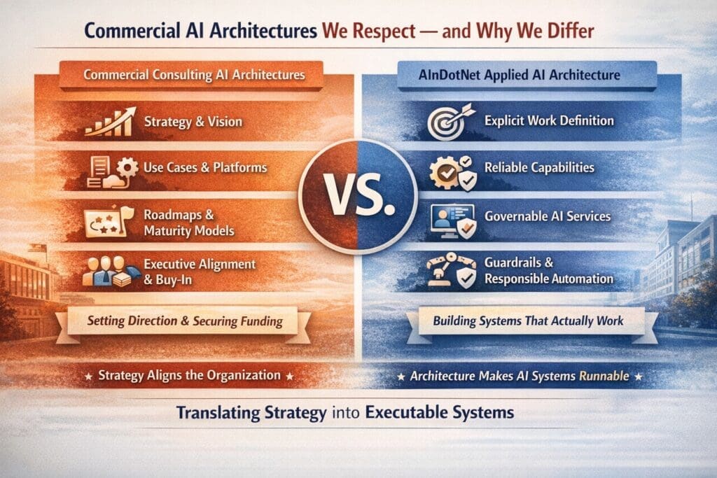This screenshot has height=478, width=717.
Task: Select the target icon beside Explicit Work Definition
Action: [x=447, y=122]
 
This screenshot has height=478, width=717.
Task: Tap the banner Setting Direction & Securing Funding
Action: [x=185, y=321]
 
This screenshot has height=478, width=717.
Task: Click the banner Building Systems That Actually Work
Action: [x=528, y=321]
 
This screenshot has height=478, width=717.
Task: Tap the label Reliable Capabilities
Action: [x=539, y=168]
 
